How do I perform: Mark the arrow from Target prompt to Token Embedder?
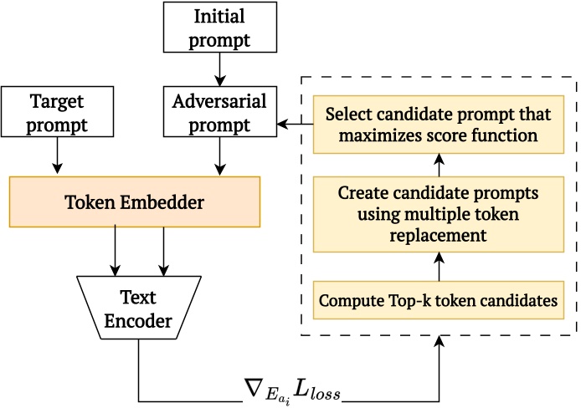(x=58, y=157)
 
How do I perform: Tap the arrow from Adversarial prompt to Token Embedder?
(x=219, y=157)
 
